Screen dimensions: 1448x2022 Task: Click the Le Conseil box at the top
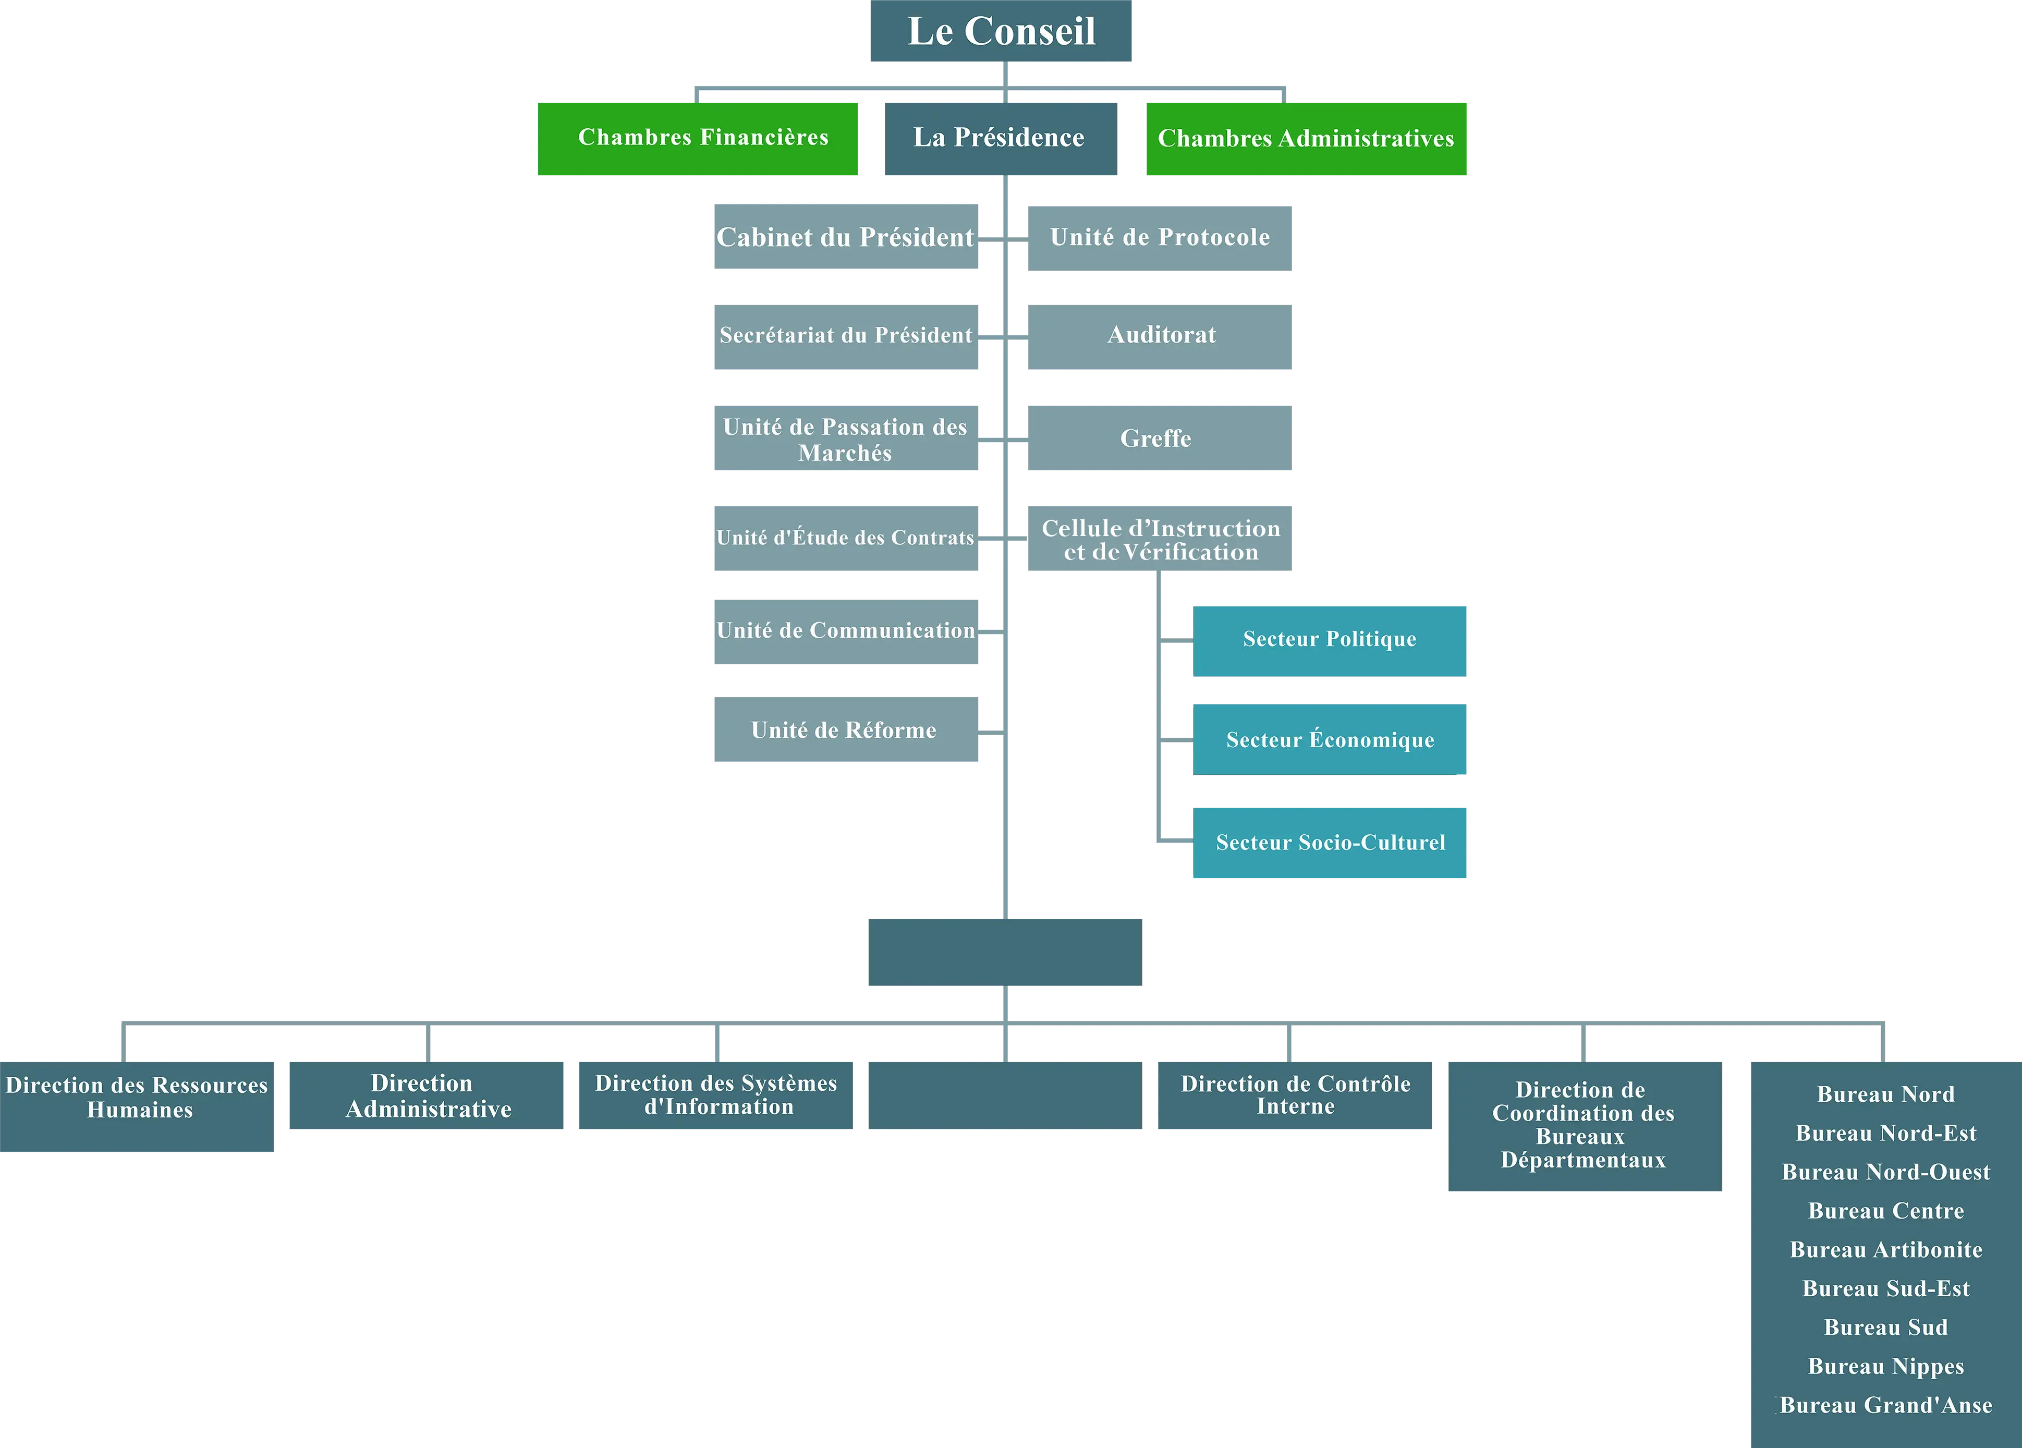pyautogui.click(x=1000, y=31)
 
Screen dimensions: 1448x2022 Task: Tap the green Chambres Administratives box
pyautogui.click(x=1305, y=139)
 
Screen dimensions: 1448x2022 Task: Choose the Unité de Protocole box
pyautogui.click(x=1159, y=237)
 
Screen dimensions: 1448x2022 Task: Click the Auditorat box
pyautogui.click(x=1159, y=337)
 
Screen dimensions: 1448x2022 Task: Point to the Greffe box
pyautogui.click(x=1159, y=438)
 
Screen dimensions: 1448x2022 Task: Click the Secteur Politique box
pyautogui.click(x=1329, y=641)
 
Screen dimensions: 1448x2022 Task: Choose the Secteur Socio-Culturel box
pyautogui.click(x=1329, y=843)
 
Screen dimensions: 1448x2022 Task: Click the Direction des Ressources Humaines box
pyautogui.click(x=137, y=1105)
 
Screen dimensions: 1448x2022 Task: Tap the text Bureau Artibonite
pyautogui.click(x=1885, y=1249)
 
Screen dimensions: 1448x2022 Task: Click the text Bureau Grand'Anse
pyautogui.click(x=1885, y=1405)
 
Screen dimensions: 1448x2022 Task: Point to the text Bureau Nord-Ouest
pyautogui.click(x=1885, y=1172)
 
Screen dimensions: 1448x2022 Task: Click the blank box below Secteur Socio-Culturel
pyautogui.click(x=1005, y=952)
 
